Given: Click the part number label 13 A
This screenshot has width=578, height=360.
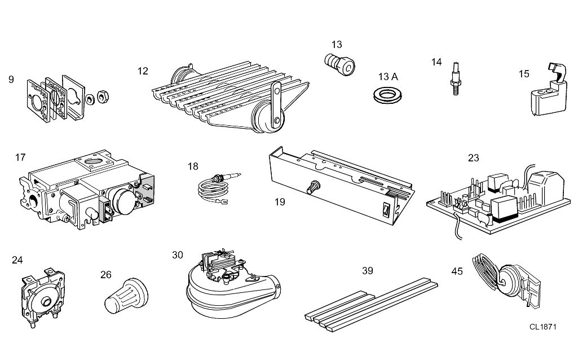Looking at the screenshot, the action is (x=388, y=77).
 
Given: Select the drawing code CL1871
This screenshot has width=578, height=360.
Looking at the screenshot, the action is (x=543, y=327).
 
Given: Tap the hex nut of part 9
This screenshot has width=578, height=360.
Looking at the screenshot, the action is (x=103, y=97).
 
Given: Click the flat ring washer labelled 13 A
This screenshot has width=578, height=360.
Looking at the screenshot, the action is (x=387, y=95).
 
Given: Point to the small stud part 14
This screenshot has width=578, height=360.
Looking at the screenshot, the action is (x=456, y=79).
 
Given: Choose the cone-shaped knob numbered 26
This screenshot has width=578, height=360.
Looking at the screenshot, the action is (x=126, y=296).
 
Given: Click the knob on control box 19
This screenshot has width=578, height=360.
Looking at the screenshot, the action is (x=314, y=187).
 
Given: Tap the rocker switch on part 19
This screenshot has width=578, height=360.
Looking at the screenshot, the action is (x=386, y=209).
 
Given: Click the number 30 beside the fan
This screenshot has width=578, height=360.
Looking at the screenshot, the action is (x=177, y=255).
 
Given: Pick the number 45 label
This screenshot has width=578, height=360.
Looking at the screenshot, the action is (x=457, y=271).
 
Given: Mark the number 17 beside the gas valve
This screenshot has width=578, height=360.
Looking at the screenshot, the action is (x=20, y=157).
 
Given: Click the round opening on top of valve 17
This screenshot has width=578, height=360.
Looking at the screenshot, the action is (x=94, y=161).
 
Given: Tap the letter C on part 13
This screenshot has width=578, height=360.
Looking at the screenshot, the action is (x=347, y=67).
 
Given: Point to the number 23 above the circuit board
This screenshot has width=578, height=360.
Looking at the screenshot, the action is (x=473, y=158).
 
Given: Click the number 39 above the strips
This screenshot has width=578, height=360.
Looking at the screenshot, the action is (x=368, y=271).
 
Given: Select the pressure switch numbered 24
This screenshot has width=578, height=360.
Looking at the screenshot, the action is (x=43, y=297).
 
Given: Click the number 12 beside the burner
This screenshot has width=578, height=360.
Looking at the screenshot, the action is (x=143, y=71).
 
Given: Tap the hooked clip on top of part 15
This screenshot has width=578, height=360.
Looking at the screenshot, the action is (x=557, y=72).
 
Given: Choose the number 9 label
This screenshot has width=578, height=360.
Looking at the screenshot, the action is (x=11, y=80).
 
